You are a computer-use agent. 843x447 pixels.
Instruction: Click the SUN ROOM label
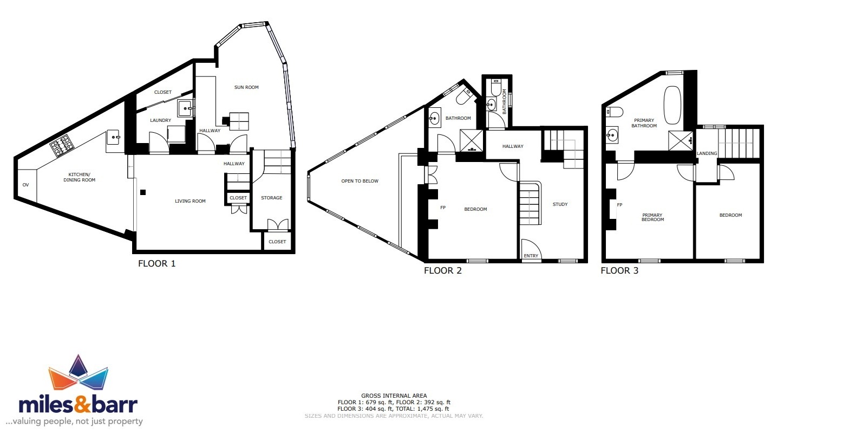[x=246, y=87]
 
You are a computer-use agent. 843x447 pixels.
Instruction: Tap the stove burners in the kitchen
[x=62, y=145]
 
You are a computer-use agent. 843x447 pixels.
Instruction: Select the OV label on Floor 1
[x=25, y=185]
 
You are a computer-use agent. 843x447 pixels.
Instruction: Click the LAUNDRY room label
[x=160, y=120]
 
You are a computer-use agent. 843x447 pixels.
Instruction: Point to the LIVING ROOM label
[x=190, y=201]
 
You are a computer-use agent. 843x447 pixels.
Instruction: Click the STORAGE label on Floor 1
[x=271, y=198]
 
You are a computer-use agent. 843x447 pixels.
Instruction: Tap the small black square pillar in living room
[x=143, y=192]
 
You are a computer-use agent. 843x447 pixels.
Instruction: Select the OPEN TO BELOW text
[x=360, y=181]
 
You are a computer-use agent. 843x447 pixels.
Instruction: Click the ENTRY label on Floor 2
[x=531, y=256]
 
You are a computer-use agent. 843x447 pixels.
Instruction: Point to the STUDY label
[x=560, y=204]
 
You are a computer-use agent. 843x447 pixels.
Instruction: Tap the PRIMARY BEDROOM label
[x=652, y=217]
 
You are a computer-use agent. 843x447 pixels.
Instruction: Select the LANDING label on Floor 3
[x=707, y=154]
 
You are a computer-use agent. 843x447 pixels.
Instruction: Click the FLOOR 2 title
[x=442, y=270]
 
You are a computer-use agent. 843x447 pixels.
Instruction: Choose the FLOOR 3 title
[x=619, y=270]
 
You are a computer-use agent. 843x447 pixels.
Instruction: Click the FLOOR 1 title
[x=156, y=264]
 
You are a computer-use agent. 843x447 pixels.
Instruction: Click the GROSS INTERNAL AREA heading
[x=394, y=396]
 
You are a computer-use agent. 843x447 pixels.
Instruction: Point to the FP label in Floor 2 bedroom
[x=443, y=208]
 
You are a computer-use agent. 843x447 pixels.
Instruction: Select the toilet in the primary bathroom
[x=613, y=112]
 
